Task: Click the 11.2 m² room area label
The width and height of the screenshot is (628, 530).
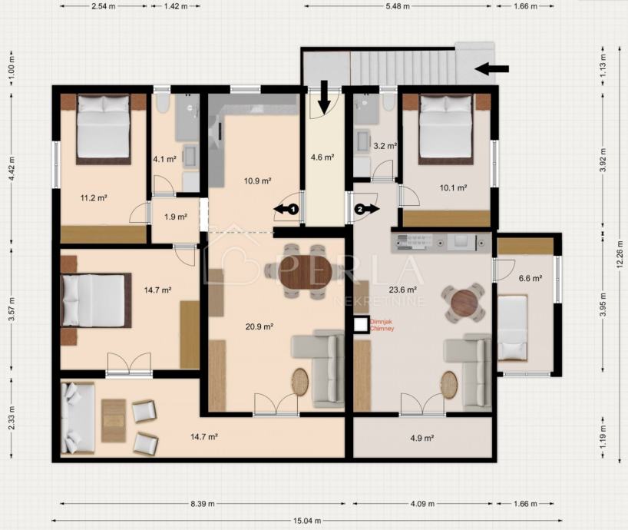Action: tap(94, 198)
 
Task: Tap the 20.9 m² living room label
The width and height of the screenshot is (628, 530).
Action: tap(259, 327)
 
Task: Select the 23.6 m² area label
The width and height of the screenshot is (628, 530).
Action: tap(403, 289)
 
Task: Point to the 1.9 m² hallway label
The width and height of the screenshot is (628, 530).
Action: tap(176, 217)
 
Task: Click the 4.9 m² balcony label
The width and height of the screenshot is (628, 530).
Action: tap(422, 439)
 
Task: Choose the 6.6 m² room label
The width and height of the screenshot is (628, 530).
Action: tap(530, 278)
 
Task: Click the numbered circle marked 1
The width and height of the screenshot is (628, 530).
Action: tap(293, 209)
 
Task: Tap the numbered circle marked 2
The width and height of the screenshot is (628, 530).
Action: tap(360, 209)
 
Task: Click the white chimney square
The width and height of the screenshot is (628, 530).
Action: tap(362, 325)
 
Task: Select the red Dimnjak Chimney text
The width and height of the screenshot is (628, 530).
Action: tap(382, 325)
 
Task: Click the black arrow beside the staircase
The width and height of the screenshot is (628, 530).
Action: tap(492, 68)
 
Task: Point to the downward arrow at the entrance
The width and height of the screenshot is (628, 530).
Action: tap(325, 97)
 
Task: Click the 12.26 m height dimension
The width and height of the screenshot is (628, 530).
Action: tap(620, 253)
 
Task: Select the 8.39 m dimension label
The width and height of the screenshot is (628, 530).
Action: tap(202, 504)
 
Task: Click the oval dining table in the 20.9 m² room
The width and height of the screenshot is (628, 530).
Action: tap(306, 272)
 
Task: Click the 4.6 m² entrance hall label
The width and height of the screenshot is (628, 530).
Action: tap(322, 157)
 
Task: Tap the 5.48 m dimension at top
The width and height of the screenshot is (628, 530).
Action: tap(398, 6)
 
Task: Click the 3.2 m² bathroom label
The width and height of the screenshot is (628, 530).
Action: tap(385, 146)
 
